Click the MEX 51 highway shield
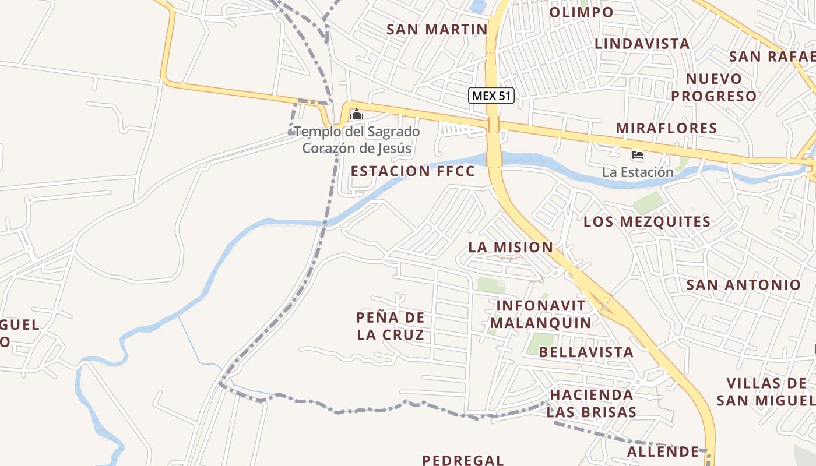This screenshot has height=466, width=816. (x=491, y=96)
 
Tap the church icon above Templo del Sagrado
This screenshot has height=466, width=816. (x=356, y=115)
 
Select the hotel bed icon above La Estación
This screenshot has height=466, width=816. (x=638, y=155)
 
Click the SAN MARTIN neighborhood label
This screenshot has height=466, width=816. (x=437, y=29)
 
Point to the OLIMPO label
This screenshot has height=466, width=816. (x=581, y=12)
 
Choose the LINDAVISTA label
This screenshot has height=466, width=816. (x=642, y=44)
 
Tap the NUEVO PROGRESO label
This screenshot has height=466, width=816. (x=714, y=87)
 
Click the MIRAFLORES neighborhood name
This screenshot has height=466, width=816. (x=667, y=128)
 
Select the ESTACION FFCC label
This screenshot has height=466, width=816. (x=413, y=171)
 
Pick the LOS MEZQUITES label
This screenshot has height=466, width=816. (x=647, y=222)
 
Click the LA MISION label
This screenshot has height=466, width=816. (x=511, y=247)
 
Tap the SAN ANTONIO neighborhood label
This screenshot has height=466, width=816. (x=744, y=285)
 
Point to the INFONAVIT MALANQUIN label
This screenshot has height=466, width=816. (x=541, y=314)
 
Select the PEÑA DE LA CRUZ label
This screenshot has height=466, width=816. (x=391, y=326)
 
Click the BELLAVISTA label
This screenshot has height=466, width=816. (x=586, y=352)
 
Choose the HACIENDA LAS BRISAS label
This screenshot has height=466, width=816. (x=591, y=403)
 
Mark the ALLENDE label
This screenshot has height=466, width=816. (x=663, y=451)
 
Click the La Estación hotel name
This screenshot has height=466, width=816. (x=638, y=172)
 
